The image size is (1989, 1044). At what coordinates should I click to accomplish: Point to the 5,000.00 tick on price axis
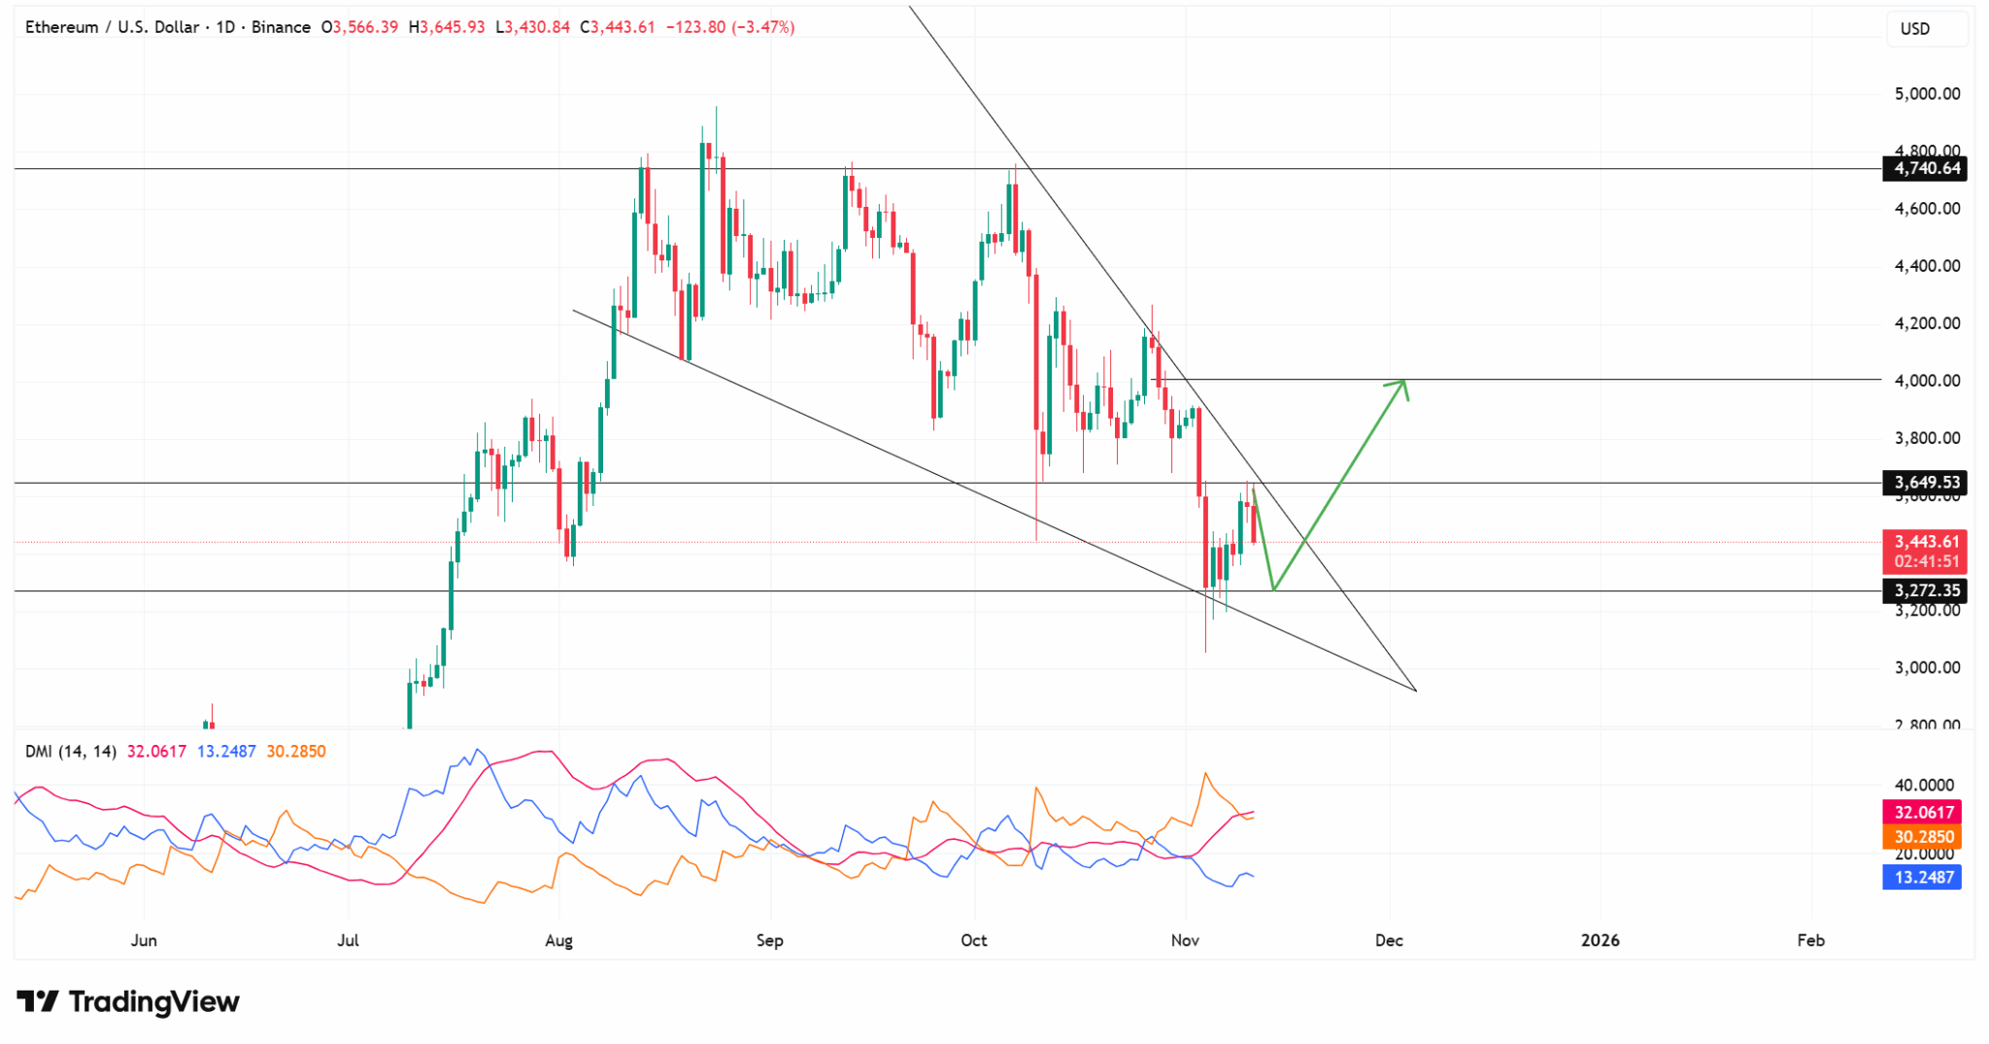click(1927, 94)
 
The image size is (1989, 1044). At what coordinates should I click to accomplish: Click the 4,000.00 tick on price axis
click(1927, 381)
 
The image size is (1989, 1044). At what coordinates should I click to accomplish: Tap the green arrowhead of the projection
click(1401, 385)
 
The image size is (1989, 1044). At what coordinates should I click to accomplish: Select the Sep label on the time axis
click(769, 940)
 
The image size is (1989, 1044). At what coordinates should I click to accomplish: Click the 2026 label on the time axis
click(1600, 940)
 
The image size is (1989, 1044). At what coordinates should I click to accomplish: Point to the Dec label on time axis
click(1389, 940)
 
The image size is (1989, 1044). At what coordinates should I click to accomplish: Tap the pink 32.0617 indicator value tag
click(1921, 812)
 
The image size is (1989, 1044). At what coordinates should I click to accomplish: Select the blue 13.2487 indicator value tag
click(1921, 878)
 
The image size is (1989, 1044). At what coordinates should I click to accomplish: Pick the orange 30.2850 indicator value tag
click(1921, 837)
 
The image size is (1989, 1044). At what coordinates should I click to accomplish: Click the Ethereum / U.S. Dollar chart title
click(112, 27)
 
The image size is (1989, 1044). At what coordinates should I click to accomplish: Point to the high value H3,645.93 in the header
click(447, 27)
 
